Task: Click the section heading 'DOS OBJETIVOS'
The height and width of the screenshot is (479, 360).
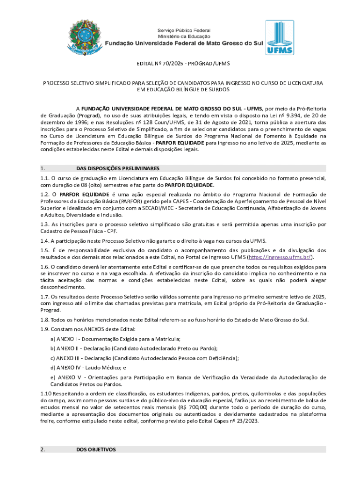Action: (x=95, y=450)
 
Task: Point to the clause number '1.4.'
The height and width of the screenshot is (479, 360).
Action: (x=45, y=240)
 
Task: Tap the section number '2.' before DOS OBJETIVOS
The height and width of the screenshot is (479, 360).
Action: (x=43, y=450)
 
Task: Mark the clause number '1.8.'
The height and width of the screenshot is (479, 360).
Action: (x=45, y=319)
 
